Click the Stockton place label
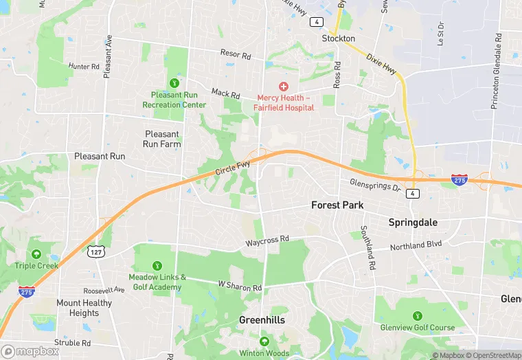[x=339, y=38]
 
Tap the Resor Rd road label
[x=235, y=53]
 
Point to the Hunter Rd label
[x=84, y=67]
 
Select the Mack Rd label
[x=225, y=92]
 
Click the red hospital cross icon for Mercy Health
[x=283, y=87]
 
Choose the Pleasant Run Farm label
[x=161, y=139]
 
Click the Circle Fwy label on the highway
[x=232, y=167]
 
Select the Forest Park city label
[x=337, y=205]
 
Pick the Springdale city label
[x=413, y=223]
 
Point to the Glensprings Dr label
[x=375, y=185]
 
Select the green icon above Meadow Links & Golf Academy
[x=157, y=265]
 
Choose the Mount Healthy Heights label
[x=84, y=308]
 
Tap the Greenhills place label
[x=262, y=320]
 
